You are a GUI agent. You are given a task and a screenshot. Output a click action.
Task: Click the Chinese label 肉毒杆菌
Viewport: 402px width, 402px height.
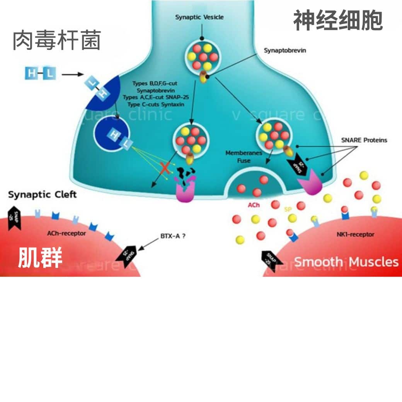pyautogui.click(x=57, y=41)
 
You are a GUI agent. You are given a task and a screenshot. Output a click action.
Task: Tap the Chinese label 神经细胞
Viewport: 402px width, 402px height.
pyautogui.click(x=338, y=20)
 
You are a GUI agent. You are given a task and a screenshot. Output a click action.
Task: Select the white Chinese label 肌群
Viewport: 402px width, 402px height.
pyautogui.click(x=40, y=258)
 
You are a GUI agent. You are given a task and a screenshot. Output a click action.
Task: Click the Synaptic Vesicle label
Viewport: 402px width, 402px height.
pyautogui.click(x=199, y=17)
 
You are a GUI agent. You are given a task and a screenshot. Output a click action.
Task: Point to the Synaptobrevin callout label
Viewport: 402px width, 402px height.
pyautogui.click(x=285, y=50)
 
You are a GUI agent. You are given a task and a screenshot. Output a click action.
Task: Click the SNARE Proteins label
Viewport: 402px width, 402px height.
pyautogui.click(x=364, y=140)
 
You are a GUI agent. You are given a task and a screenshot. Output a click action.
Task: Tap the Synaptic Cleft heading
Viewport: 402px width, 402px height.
pyautogui.click(x=42, y=194)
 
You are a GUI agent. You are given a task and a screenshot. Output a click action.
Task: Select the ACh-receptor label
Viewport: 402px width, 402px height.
pyautogui.click(x=66, y=233)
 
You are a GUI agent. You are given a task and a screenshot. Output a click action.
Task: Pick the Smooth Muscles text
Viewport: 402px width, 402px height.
pyautogui.click(x=346, y=262)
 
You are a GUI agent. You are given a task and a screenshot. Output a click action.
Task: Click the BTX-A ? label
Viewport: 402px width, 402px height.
pyautogui.click(x=172, y=236)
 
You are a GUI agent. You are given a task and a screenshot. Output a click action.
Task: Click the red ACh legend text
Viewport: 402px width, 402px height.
pyautogui.click(x=254, y=205)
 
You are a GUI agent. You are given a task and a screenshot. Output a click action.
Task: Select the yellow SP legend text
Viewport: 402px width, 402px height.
pyautogui.click(x=288, y=209)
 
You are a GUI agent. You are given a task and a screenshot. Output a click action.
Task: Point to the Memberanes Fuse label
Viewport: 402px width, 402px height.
pyautogui.click(x=244, y=157)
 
